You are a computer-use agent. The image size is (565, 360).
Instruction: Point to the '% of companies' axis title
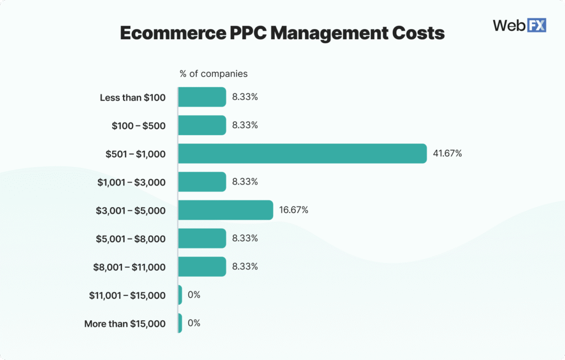(214, 73)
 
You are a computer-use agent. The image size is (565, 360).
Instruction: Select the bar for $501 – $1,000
(302, 153)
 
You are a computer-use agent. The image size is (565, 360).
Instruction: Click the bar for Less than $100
(202, 97)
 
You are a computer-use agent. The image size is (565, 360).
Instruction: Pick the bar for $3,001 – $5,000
(225, 210)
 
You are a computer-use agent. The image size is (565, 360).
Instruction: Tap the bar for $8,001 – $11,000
(202, 267)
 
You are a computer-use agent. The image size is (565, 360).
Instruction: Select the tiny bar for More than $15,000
(180, 324)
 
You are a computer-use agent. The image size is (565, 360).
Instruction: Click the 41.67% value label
(447, 153)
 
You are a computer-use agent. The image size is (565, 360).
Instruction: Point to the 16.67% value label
(294, 210)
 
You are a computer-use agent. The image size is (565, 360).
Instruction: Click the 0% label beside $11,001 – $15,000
(194, 295)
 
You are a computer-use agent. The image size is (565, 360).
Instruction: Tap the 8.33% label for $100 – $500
(245, 125)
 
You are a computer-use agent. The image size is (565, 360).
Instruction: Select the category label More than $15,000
(125, 324)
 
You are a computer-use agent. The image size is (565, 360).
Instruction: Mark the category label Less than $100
(132, 98)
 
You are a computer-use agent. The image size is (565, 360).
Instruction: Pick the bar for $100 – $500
(202, 125)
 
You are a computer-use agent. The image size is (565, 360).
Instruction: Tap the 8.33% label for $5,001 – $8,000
(245, 239)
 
